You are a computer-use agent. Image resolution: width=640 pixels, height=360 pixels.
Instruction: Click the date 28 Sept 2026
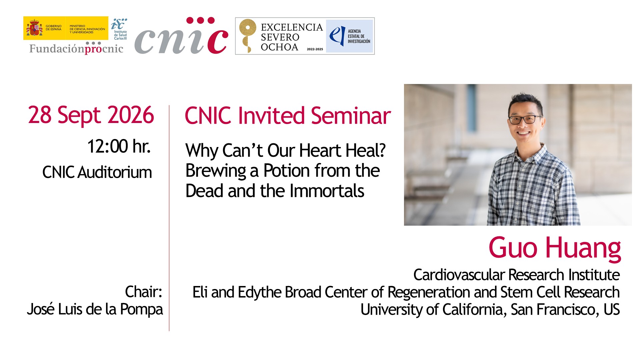coord(91,115)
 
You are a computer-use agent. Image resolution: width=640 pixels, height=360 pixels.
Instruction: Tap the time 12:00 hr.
coord(119,146)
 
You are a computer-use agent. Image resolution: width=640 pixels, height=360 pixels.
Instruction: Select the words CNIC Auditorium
coord(97,173)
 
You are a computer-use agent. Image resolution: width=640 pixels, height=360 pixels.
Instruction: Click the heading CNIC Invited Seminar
coord(288,116)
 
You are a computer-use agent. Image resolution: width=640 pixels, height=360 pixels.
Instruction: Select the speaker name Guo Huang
coord(555,248)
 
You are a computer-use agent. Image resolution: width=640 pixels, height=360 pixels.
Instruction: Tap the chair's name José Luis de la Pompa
coord(95,309)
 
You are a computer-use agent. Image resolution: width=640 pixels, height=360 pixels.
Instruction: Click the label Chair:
coord(144,292)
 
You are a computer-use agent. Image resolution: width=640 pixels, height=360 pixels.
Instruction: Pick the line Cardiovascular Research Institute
coord(516,275)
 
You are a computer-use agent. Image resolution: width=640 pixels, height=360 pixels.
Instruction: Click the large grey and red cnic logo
coord(181,36)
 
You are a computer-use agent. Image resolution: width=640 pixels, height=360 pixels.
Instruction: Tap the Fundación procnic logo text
coord(76,49)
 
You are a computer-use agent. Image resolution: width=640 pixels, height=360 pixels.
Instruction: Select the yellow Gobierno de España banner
coord(66,28)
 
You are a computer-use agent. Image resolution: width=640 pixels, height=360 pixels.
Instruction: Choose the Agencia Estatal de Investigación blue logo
coord(349,36)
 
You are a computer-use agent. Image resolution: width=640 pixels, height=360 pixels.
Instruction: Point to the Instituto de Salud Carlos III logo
coord(119,29)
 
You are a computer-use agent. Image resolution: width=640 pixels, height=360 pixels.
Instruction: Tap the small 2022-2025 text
coord(315,49)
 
